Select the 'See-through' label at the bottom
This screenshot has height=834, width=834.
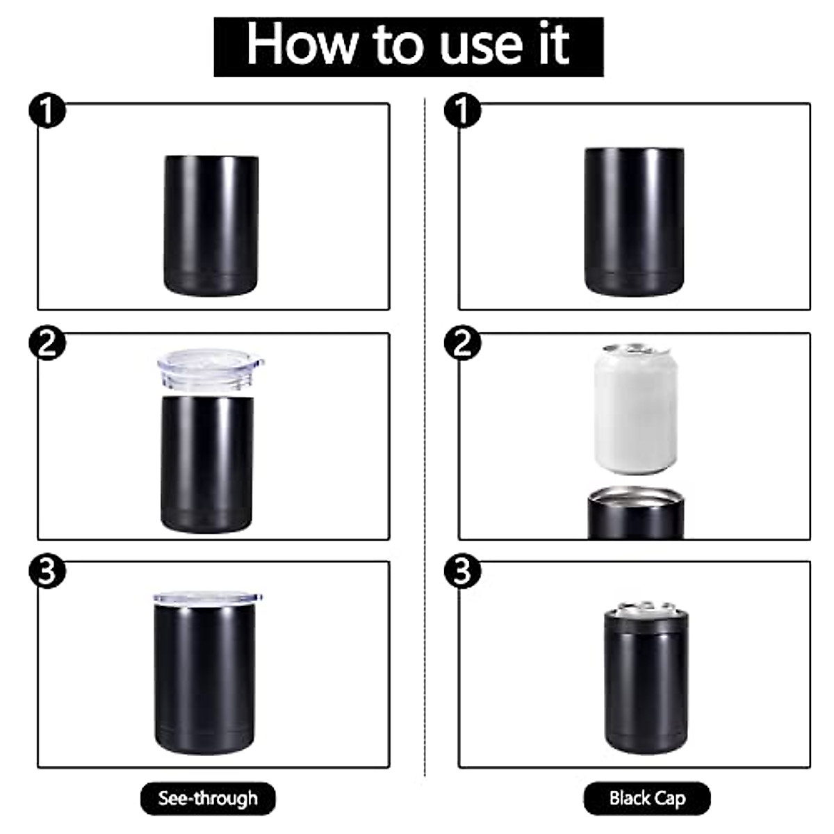point(208,798)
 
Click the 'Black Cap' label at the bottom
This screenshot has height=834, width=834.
point(647,798)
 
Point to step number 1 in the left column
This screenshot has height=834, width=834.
point(47,113)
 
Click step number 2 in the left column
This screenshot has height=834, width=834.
point(47,343)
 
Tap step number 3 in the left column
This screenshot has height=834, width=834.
point(47,571)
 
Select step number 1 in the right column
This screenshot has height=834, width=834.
point(462,113)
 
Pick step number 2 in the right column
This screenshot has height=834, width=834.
point(462,343)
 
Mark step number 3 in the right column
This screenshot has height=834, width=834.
point(462,571)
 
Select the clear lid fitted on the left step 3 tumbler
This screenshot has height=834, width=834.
point(207,598)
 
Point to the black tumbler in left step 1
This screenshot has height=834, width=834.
point(211,224)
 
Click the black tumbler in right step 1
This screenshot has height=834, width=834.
point(634,221)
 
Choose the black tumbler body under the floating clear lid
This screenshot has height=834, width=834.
point(207,462)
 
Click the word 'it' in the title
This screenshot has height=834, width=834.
point(555,44)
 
